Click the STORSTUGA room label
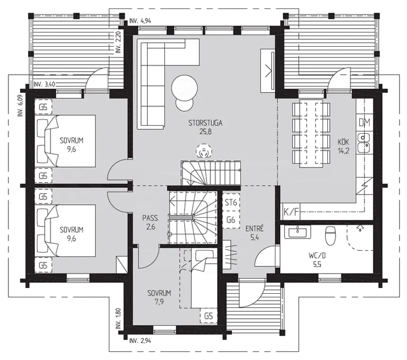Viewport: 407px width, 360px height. (205, 122)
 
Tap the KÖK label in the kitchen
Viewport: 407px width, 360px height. (343, 142)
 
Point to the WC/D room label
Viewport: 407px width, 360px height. (317, 256)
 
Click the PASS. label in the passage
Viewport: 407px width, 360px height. (151, 218)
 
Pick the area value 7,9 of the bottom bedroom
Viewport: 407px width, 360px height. (159, 302)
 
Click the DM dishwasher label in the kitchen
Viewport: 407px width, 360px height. (365, 122)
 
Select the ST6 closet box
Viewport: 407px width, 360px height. (231, 203)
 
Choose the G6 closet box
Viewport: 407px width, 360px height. (231, 219)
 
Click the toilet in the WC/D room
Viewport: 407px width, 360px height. (330, 235)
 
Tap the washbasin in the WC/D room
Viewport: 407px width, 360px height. (298, 231)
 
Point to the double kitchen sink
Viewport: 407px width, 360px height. (364, 143)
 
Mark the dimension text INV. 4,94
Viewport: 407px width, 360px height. (140, 21)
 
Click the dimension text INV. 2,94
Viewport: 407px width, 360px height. (140, 340)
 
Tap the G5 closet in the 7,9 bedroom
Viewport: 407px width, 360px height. (209, 316)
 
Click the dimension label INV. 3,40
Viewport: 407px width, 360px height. (45, 84)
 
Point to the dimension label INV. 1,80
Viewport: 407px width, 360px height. (118, 319)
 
